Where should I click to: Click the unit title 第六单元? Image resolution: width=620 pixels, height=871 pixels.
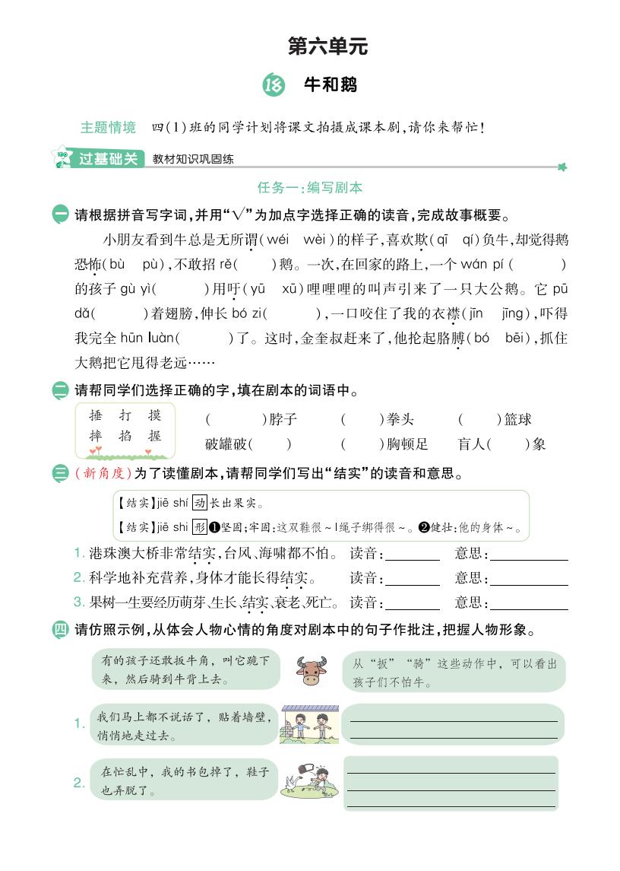click(327, 46)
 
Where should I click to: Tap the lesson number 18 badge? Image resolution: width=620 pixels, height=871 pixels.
click(271, 85)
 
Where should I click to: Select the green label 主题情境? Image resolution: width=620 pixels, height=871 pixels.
click(108, 127)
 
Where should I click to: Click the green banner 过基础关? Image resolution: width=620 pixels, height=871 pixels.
click(109, 159)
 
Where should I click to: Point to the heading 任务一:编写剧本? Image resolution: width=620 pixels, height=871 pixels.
click(310, 187)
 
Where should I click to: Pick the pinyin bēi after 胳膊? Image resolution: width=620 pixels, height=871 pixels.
click(517, 338)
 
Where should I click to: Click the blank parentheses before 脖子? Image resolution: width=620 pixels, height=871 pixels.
click(235, 419)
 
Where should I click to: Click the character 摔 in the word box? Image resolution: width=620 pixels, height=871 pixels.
click(96, 437)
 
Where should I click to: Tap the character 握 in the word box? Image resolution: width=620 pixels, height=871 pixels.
click(155, 437)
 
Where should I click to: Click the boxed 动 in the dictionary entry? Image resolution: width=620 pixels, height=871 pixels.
click(200, 503)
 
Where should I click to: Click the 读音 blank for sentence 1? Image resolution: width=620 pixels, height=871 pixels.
click(413, 555)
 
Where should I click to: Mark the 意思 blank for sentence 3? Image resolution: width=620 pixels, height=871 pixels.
click(530, 604)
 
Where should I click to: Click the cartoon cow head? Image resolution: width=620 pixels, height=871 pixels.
click(311, 670)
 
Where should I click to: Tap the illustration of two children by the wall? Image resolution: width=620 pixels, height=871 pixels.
click(310, 723)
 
